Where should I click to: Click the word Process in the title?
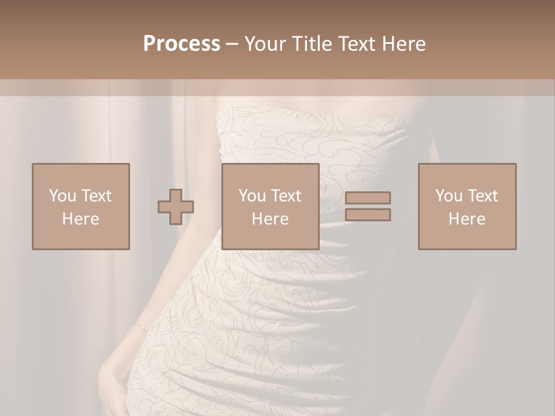(182, 44)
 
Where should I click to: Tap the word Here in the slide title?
(404, 44)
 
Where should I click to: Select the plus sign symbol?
(176, 207)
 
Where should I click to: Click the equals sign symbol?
(368, 206)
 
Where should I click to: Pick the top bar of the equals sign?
(368, 198)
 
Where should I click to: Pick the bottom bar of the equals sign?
(368, 215)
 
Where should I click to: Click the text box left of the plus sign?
(80, 206)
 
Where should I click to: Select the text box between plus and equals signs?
(270, 206)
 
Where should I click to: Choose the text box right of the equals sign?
(467, 206)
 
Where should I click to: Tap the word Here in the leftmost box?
(80, 219)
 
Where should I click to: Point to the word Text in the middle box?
(286, 196)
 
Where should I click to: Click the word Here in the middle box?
(270, 219)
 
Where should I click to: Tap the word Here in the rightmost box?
(467, 219)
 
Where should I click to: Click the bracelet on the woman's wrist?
(139, 327)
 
